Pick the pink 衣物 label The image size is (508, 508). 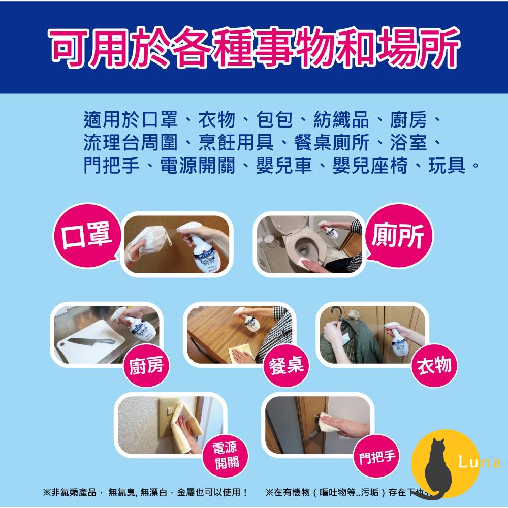(x=434, y=365)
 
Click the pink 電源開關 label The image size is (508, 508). (x=224, y=455)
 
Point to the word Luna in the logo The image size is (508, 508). (x=479, y=462)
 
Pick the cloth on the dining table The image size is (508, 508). (x=241, y=355)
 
